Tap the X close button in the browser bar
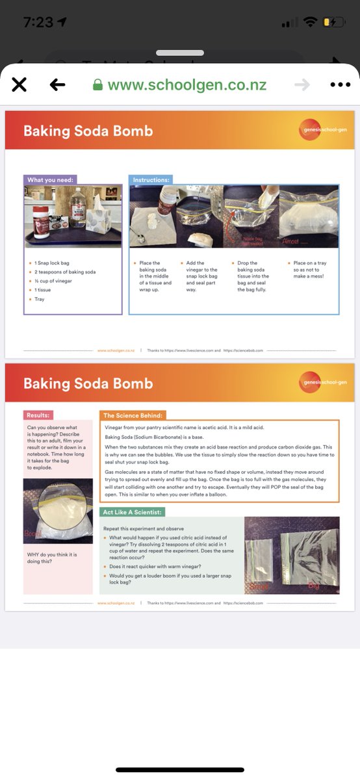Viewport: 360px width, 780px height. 19,84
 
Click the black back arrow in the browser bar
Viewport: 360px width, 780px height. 58,84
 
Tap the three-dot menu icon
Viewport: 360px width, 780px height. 340,84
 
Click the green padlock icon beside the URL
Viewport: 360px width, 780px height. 98,85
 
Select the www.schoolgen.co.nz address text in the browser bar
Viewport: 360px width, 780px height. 186,85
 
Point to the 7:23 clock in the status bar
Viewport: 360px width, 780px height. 38,22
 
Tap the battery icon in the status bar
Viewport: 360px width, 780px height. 334,22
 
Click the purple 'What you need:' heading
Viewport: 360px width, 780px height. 51,180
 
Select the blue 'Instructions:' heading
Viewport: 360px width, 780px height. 151,180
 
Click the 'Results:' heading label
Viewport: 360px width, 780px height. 39,415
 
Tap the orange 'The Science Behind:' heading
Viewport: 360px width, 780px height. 133,415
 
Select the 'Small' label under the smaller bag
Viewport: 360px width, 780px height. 260,588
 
